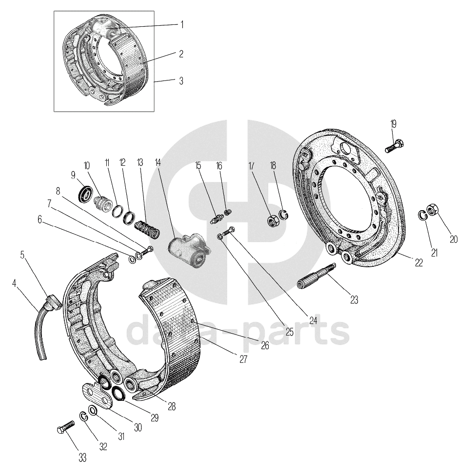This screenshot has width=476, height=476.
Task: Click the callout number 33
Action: point(82,457)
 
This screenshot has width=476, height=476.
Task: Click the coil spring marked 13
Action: point(146,229)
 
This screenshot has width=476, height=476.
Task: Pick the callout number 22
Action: point(418,262)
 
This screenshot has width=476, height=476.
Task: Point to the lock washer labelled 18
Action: point(283,214)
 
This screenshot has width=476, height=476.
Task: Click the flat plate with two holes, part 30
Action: point(97,395)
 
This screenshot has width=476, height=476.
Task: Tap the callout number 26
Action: point(264,346)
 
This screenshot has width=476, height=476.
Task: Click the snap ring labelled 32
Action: point(83,416)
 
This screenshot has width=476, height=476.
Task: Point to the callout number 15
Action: point(198,166)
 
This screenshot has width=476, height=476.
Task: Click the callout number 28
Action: point(171,406)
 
